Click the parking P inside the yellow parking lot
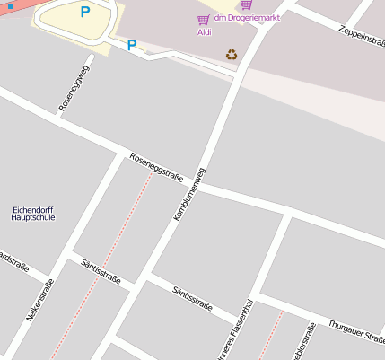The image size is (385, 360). tap(85, 13)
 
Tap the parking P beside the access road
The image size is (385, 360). tap(132, 45)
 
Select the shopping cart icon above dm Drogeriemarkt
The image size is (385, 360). tap(247, 5)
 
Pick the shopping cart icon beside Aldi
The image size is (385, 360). tap(204, 19)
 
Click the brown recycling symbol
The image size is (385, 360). tap(232, 55)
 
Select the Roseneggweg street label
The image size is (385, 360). tap(74, 88)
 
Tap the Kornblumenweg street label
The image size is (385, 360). tap(190, 195)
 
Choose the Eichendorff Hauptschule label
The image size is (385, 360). tap(33, 213)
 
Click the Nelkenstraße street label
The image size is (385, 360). tap(40, 301)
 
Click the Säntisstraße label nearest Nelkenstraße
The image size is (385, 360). tap(101, 267)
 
